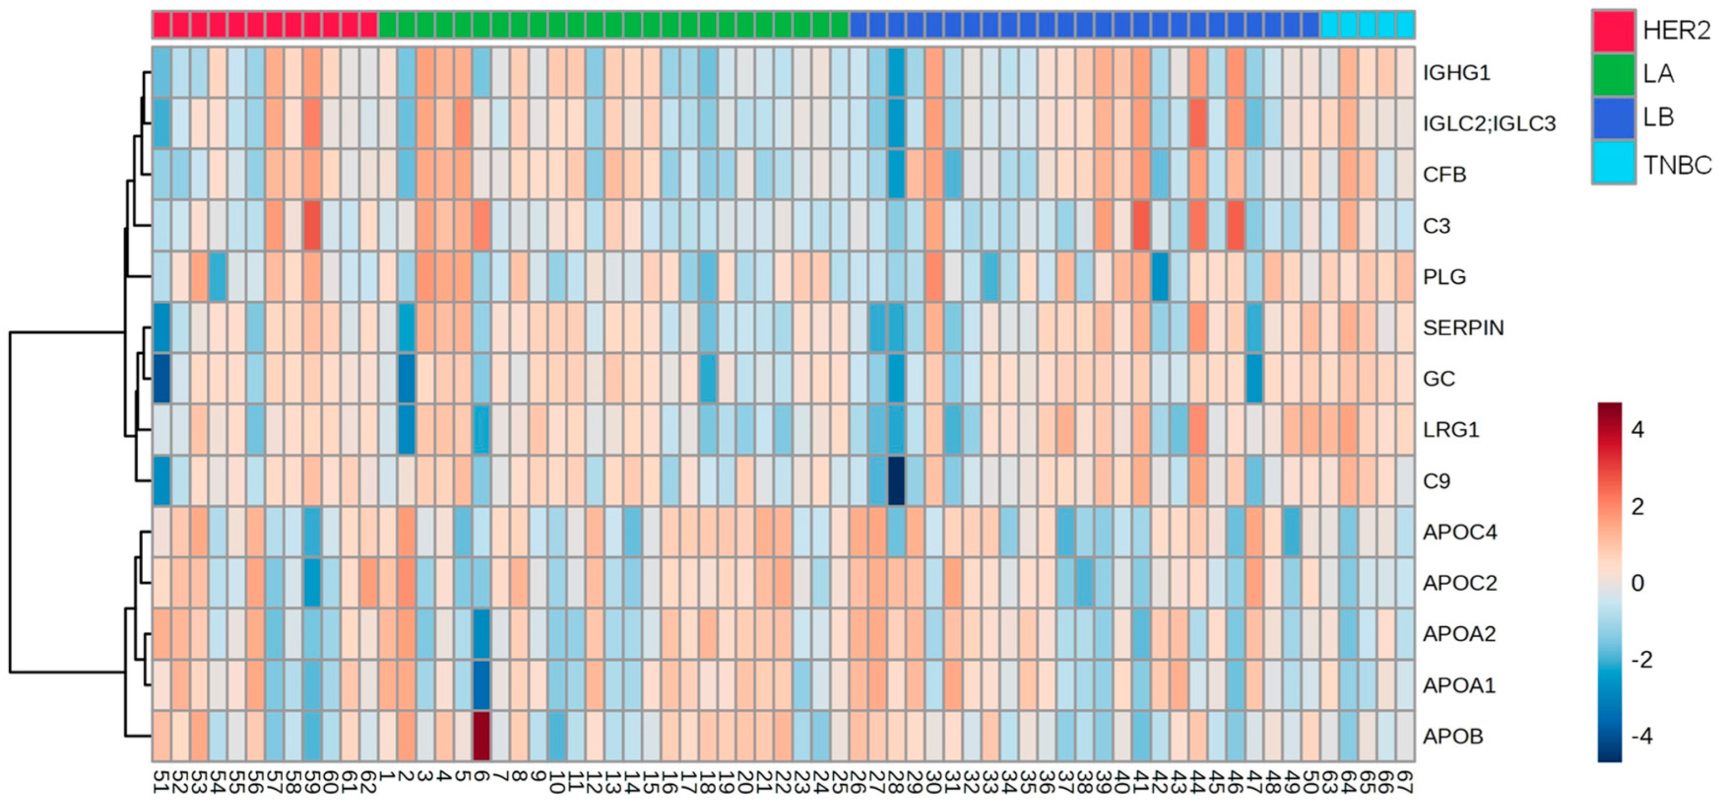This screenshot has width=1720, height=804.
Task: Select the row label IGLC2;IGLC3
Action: pos(1489,124)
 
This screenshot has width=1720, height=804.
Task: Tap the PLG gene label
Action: pos(1444,276)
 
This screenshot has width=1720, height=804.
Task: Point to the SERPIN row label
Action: pos(1463,328)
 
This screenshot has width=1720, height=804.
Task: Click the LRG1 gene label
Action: pos(1451,429)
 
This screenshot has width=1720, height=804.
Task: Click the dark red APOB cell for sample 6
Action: pos(482,736)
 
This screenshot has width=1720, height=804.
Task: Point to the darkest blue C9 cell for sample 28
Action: pos(896,481)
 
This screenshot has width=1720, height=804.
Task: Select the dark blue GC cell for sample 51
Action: pos(161,378)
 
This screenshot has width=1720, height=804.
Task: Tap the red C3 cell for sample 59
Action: pos(312,226)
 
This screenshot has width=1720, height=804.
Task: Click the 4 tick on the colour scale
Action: pos(1637,429)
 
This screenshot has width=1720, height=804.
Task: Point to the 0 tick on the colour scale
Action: pos(1637,583)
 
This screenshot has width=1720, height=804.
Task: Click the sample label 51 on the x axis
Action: pos(161,781)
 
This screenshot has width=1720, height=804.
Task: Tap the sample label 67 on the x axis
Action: pos(1405,781)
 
